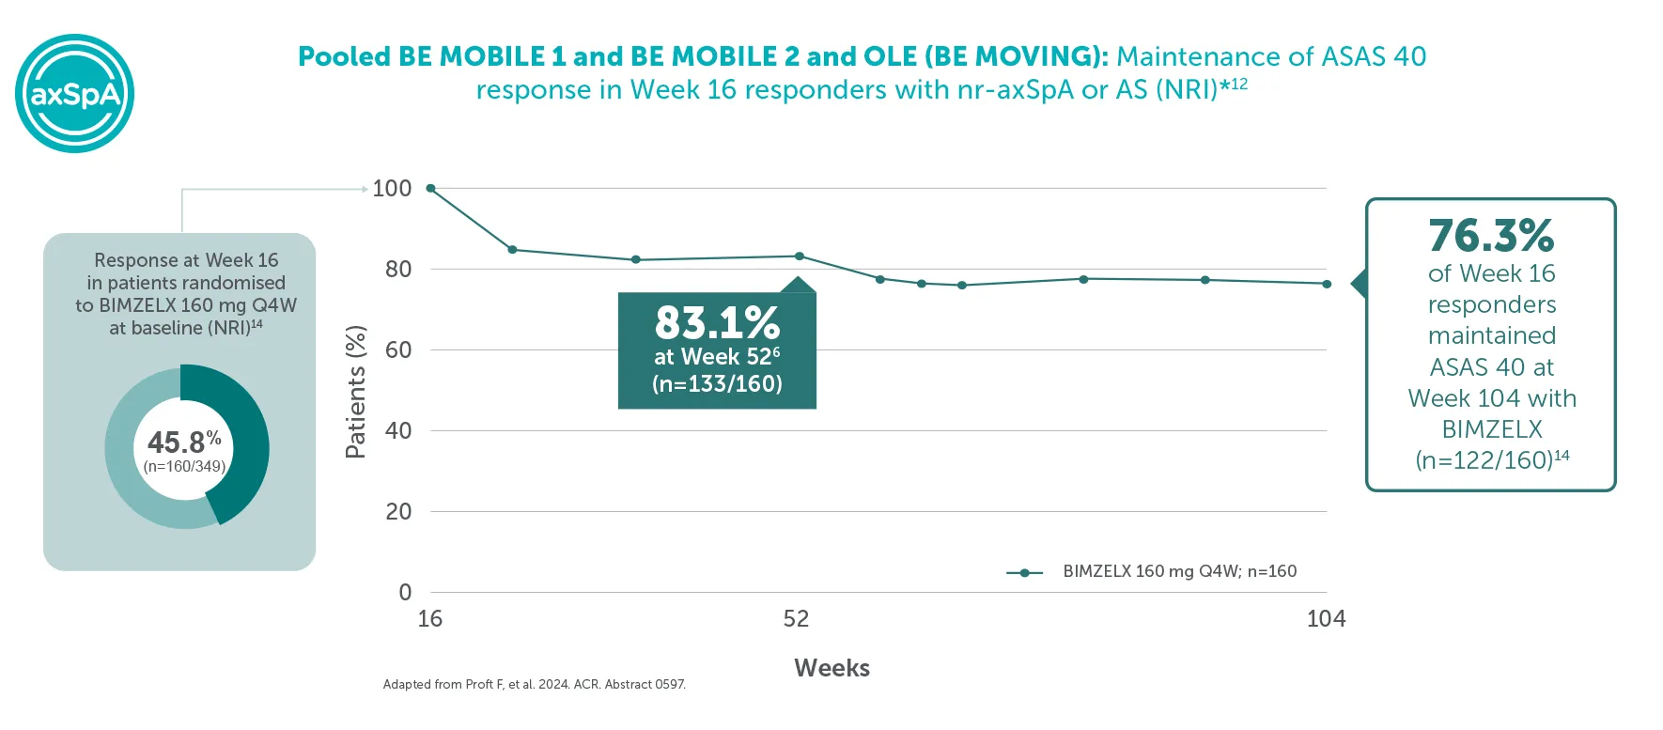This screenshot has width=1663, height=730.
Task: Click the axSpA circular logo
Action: (75, 94)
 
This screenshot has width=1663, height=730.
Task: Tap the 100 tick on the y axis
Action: (392, 189)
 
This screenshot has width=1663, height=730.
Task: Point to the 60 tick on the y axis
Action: (398, 350)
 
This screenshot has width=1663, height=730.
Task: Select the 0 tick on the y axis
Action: (405, 593)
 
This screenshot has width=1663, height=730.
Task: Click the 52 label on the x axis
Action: (796, 619)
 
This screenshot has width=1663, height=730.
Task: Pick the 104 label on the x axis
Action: (1326, 619)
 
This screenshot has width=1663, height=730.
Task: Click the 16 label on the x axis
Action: (429, 619)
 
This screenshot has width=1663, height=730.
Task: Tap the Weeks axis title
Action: (831, 668)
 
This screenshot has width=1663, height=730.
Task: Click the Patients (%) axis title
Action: (355, 392)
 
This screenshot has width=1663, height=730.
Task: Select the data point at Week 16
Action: (430, 189)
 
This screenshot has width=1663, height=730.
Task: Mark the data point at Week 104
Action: (1327, 284)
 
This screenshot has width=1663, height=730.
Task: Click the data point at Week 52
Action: (800, 256)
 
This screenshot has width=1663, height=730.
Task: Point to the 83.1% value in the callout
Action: (717, 323)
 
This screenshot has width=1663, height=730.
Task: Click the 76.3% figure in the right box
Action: (1491, 236)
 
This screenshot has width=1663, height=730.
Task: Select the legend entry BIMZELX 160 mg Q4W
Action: (1179, 571)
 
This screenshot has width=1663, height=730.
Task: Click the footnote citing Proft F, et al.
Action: (534, 685)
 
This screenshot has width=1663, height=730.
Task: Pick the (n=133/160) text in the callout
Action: (717, 384)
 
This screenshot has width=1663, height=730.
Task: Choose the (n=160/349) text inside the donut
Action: (184, 467)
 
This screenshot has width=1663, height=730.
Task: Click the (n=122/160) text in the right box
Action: (1484, 460)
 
